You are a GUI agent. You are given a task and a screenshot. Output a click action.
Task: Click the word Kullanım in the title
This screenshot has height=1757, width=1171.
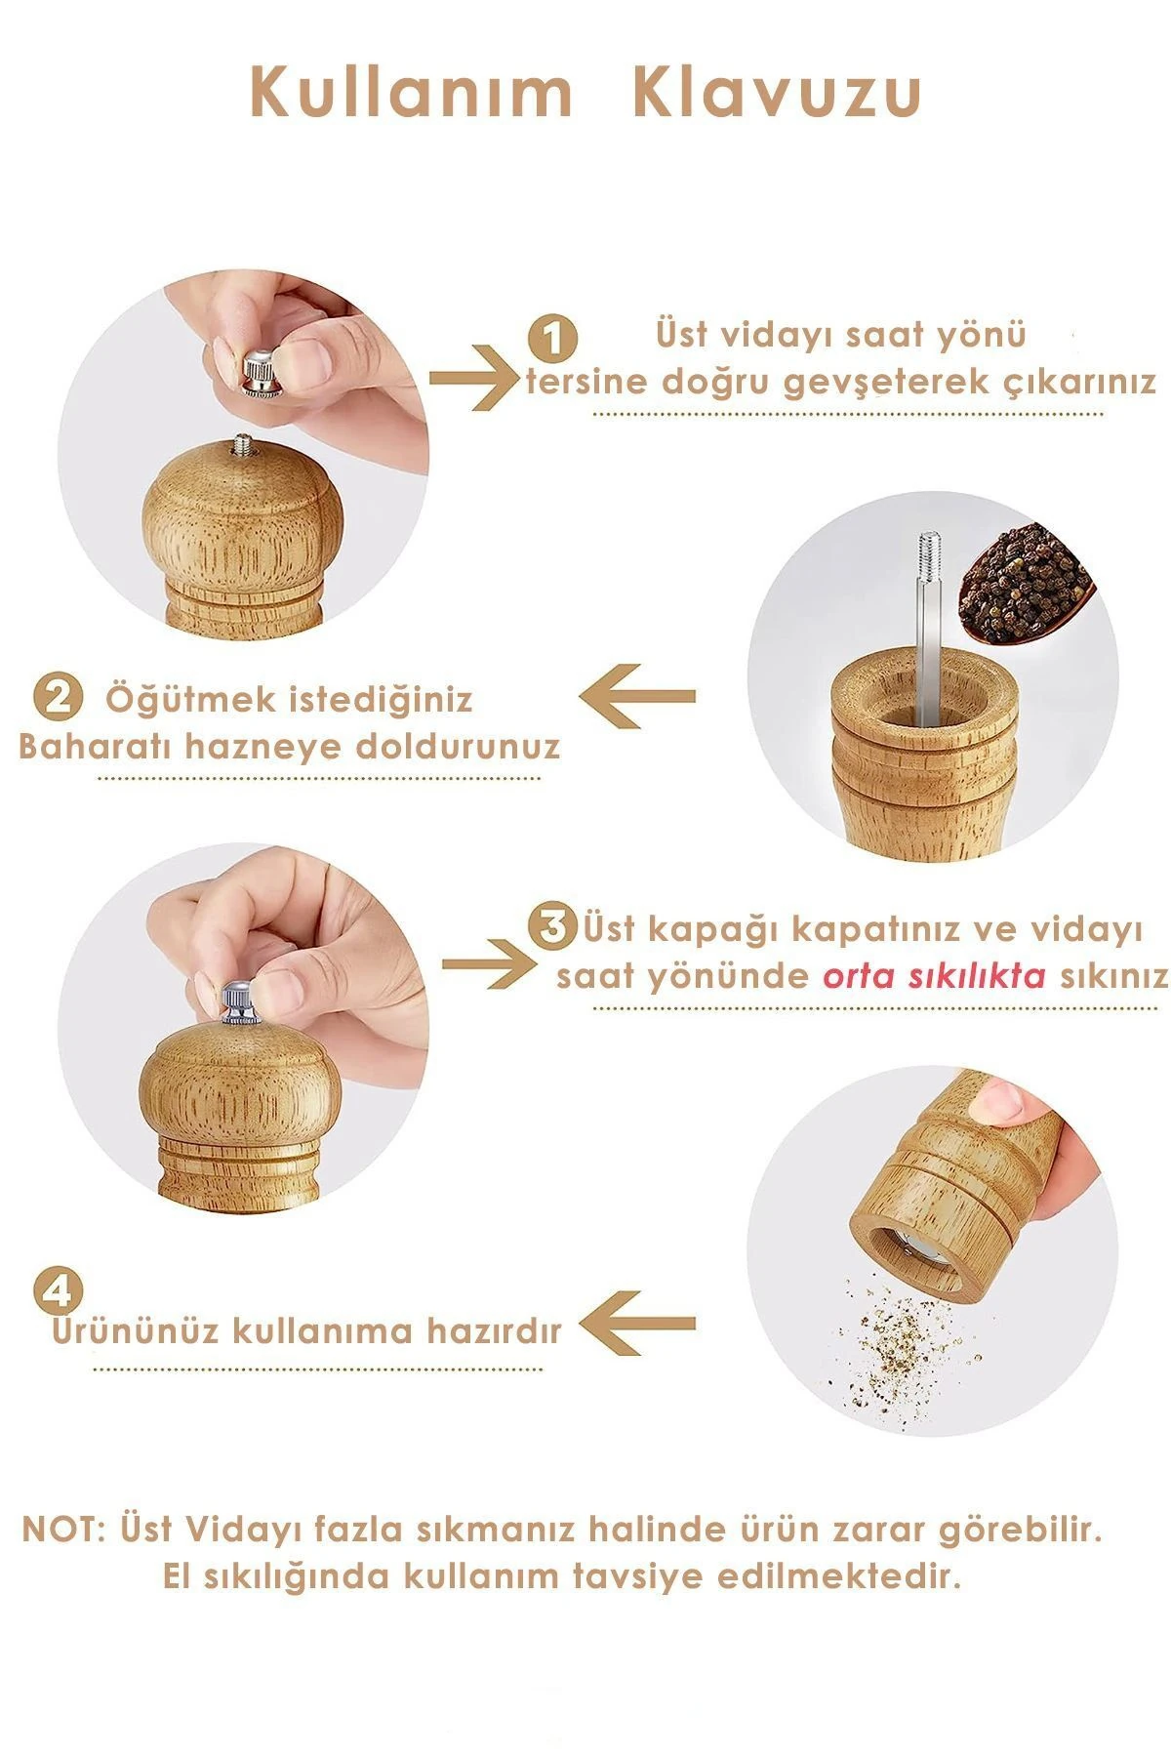click(411, 94)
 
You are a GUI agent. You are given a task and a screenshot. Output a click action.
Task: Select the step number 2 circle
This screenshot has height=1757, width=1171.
click(58, 699)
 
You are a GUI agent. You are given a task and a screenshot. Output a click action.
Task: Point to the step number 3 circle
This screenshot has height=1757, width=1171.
click(552, 926)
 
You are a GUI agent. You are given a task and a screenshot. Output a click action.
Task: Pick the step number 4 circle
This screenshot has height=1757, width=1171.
click(58, 1290)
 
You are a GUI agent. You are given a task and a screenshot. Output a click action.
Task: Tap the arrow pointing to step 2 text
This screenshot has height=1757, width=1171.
click(637, 697)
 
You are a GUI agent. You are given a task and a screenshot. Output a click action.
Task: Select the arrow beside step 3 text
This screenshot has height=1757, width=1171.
click(488, 963)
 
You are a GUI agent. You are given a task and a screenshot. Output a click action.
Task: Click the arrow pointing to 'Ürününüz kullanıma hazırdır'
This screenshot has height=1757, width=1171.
click(637, 1325)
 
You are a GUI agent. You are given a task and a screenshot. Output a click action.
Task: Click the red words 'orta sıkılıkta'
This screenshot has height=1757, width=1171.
click(935, 975)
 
